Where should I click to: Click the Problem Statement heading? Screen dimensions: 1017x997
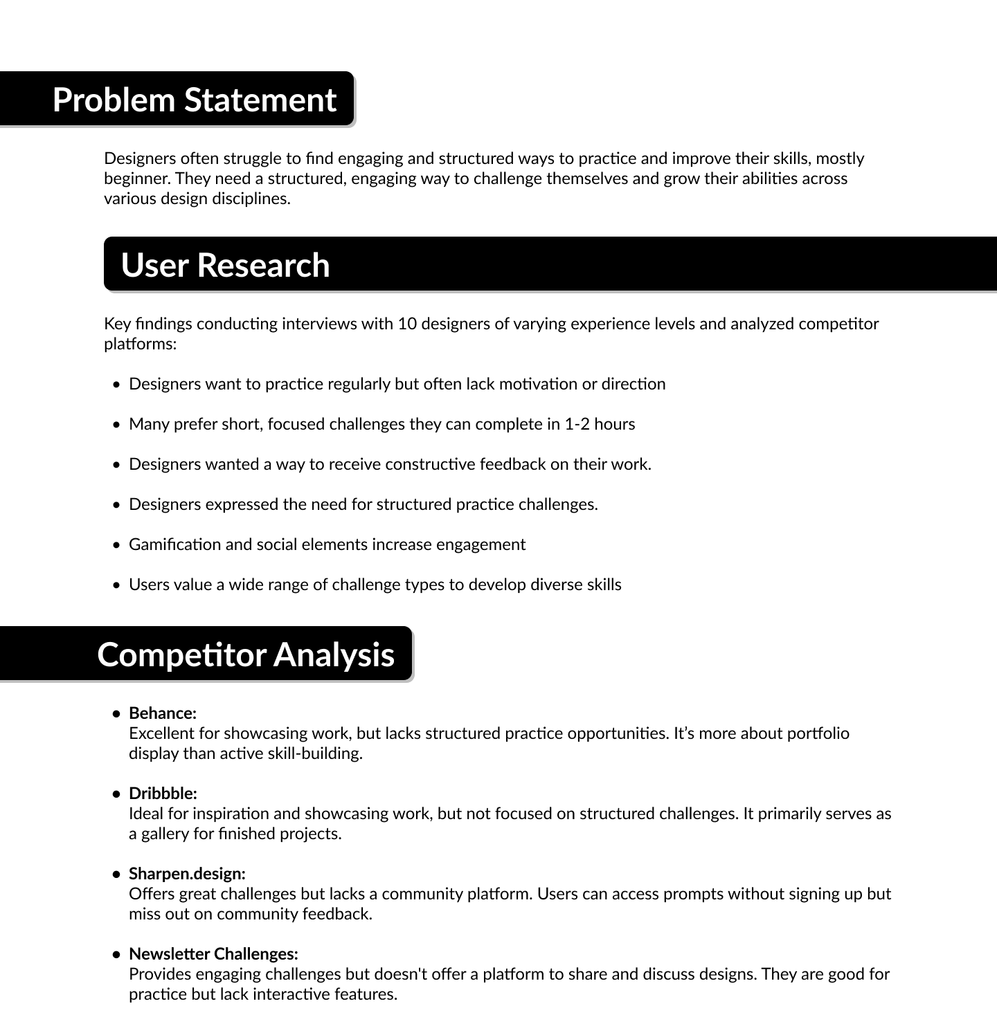click(x=194, y=100)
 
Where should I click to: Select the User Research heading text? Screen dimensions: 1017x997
click(x=225, y=265)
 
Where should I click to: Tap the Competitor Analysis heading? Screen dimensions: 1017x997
click(x=246, y=654)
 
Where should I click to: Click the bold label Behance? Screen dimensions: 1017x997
click(x=163, y=713)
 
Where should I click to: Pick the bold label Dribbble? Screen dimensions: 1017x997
click(x=163, y=794)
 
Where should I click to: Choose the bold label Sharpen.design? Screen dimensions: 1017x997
click(x=187, y=874)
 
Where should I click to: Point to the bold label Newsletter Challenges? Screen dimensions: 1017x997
click(x=213, y=954)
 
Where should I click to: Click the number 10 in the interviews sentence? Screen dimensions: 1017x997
click(x=406, y=324)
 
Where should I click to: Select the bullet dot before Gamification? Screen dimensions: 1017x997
click(x=116, y=545)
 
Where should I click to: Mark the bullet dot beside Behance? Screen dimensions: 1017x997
click(x=116, y=714)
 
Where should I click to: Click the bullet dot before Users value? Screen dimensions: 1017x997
click(x=116, y=585)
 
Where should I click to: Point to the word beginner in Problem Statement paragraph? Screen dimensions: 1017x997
click(x=136, y=178)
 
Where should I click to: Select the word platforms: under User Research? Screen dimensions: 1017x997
click(x=141, y=344)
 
